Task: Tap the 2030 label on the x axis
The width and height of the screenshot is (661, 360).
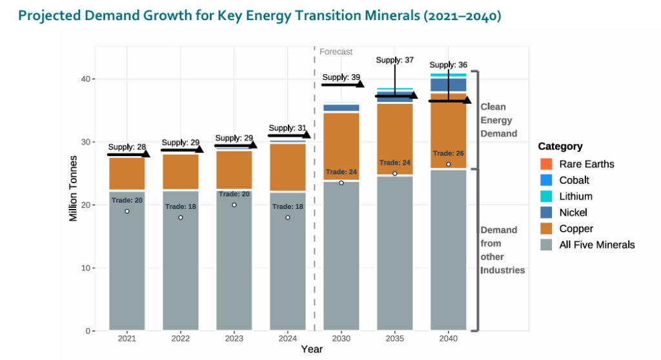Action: pyautogui.click(x=341, y=338)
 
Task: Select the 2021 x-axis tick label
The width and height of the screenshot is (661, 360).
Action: pyautogui.click(x=127, y=338)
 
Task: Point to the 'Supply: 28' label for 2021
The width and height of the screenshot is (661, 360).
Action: pyautogui.click(x=127, y=147)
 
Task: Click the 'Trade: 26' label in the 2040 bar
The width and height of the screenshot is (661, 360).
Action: pyautogui.click(x=448, y=154)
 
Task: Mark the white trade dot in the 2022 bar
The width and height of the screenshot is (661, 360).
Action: pyautogui.click(x=181, y=217)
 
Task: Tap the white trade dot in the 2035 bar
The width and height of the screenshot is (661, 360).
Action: pyautogui.click(x=394, y=174)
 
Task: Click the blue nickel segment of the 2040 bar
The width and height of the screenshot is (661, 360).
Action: pyautogui.click(x=448, y=85)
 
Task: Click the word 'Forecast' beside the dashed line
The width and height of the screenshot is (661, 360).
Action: pyautogui.click(x=336, y=52)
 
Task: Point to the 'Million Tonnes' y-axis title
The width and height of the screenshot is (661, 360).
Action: pyautogui.click(x=73, y=188)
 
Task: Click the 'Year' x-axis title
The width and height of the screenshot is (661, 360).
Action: pyautogui.click(x=312, y=349)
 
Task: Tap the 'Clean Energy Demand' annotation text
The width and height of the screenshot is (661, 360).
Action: pyautogui.click(x=498, y=120)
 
